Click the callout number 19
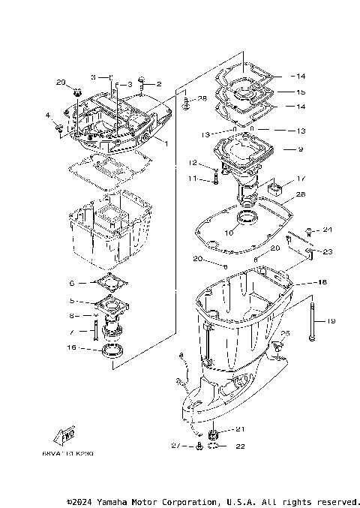(328, 320)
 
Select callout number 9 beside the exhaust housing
(300, 150)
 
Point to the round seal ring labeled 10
(247, 219)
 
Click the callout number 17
(301, 179)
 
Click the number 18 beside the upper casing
(301, 284)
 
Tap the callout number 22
(241, 446)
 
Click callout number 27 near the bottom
(176, 446)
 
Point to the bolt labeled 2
(141, 85)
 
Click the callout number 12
(192, 163)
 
